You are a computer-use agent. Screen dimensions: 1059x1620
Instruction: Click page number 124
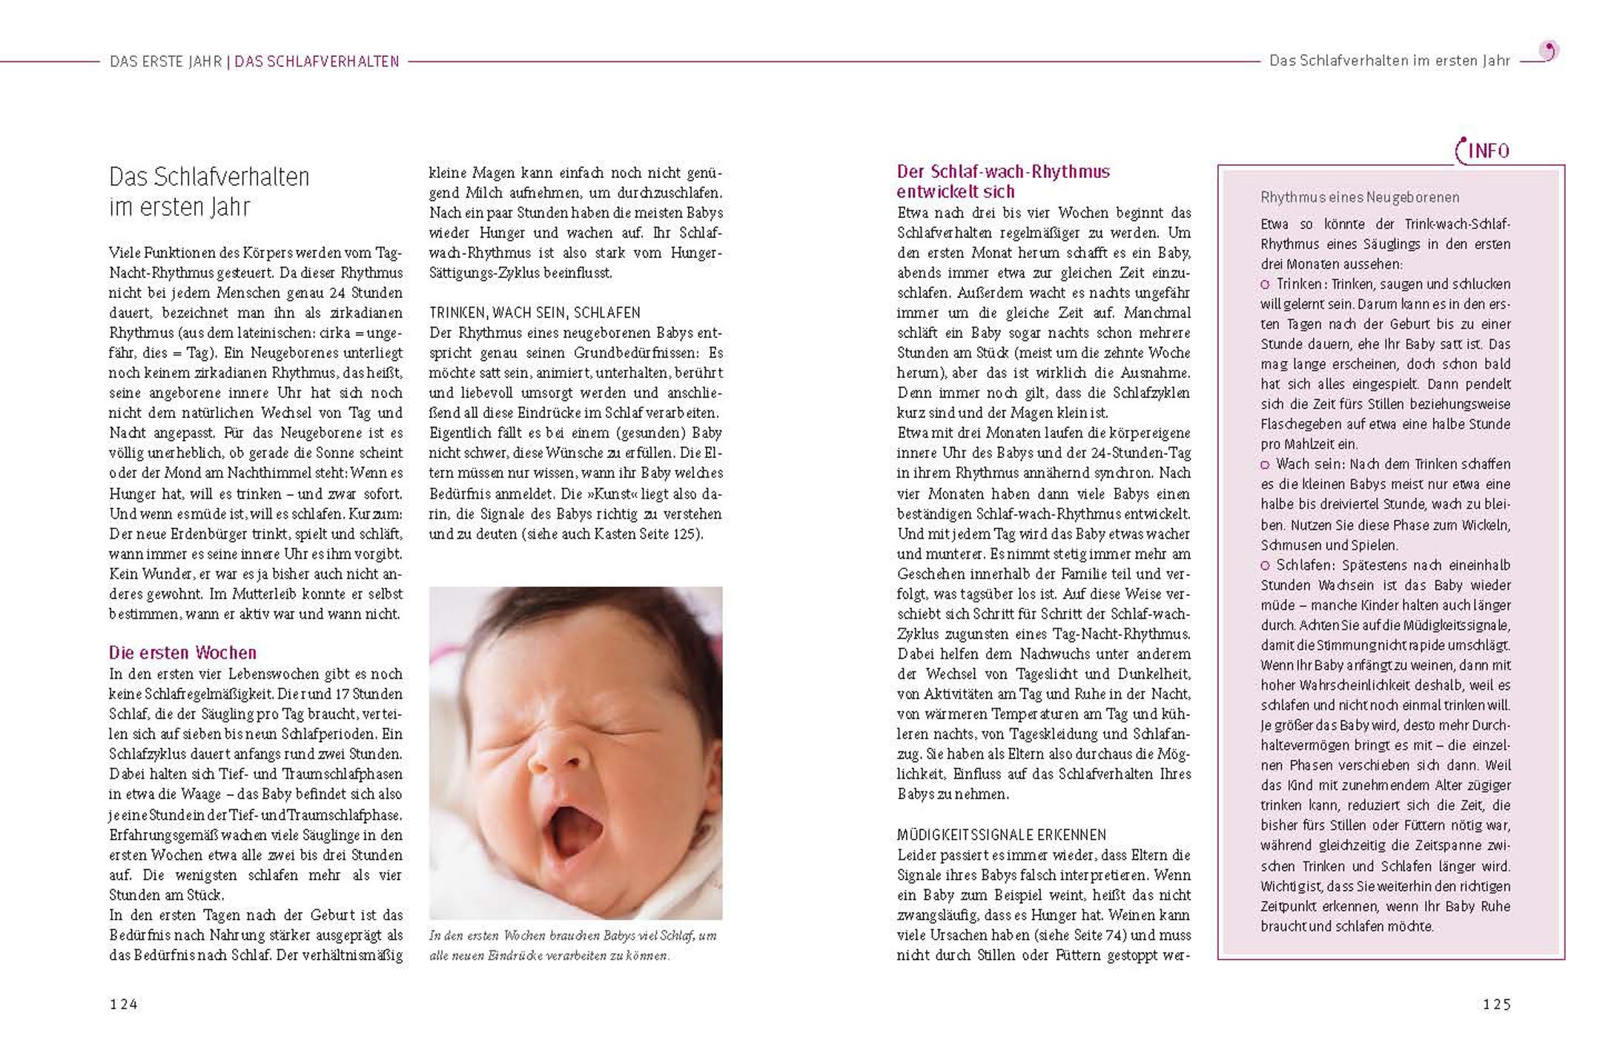pos(124,1004)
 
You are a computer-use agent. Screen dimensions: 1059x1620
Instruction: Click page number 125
pos(1496,1004)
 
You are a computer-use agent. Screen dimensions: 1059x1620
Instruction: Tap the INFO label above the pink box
pos(1488,151)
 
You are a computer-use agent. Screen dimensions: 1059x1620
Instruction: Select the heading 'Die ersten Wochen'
pos(182,653)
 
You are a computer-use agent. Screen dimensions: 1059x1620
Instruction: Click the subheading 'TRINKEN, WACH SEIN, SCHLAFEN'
pos(535,313)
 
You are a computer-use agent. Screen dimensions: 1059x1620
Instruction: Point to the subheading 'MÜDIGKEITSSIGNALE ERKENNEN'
pos(1002,834)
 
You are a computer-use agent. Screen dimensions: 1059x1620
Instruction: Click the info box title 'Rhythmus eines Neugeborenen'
pos(1360,197)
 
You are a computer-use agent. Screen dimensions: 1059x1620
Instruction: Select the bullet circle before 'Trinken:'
pos(1266,285)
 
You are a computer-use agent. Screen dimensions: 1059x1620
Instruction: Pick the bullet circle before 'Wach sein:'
pos(1266,465)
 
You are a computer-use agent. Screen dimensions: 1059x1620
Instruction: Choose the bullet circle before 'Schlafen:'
pos(1266,565)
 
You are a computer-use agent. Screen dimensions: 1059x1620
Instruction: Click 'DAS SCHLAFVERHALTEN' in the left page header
pos(317,62)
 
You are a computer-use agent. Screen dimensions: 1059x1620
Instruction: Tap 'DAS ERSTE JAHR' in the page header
pos(165,62)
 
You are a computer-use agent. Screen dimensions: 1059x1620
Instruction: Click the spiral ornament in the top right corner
pos(1550,50)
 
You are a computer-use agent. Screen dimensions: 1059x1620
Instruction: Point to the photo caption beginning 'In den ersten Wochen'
pos(572,946)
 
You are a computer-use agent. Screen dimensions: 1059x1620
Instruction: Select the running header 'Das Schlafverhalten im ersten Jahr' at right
pos(1389,61)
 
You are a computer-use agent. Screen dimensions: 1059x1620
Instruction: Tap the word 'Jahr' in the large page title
pos(230,207)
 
